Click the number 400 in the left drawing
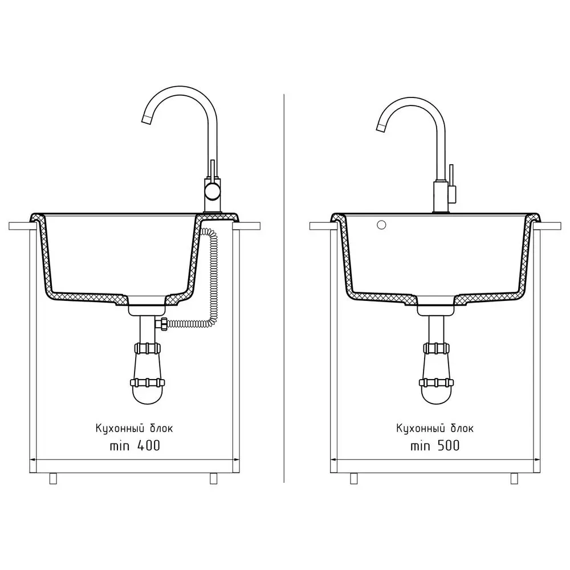tap(148, 446)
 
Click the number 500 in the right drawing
tap(448, 446)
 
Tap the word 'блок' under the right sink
tap(462, 428)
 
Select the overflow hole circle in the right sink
tap(381, 225)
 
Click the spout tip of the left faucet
tap(146, 120)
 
